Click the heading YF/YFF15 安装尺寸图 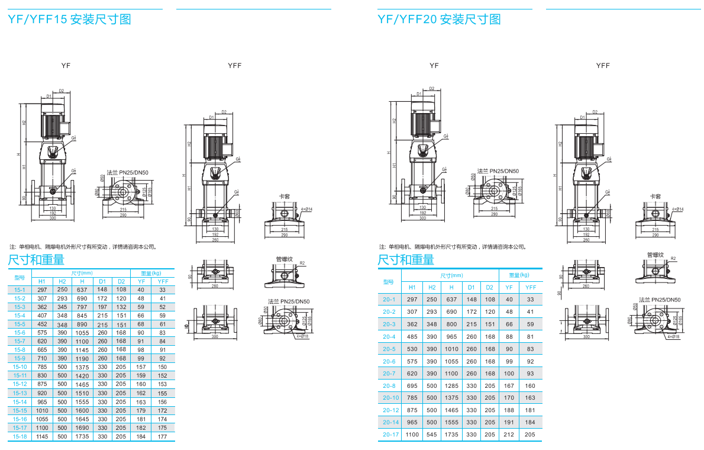(69, 20)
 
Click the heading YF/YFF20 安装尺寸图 (439, 20)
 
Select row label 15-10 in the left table (20, 367)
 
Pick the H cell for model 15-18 (82, 436)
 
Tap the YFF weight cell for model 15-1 (162, 290)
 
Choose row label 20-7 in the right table (389, 374)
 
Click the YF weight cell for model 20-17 (509, 435)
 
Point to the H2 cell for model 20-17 (432, 435)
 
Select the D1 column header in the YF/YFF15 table (102, 281)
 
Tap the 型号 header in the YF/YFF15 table (20, 277)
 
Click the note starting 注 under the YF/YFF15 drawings (83, 247)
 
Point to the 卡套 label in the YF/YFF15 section (284, 197)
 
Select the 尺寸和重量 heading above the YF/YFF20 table (406, 260)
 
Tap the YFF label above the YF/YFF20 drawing (602, 66)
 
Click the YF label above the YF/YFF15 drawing (66, 66)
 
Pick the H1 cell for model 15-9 (42, 358)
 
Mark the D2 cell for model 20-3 (490, 324)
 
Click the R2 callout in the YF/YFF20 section (673, 259)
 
